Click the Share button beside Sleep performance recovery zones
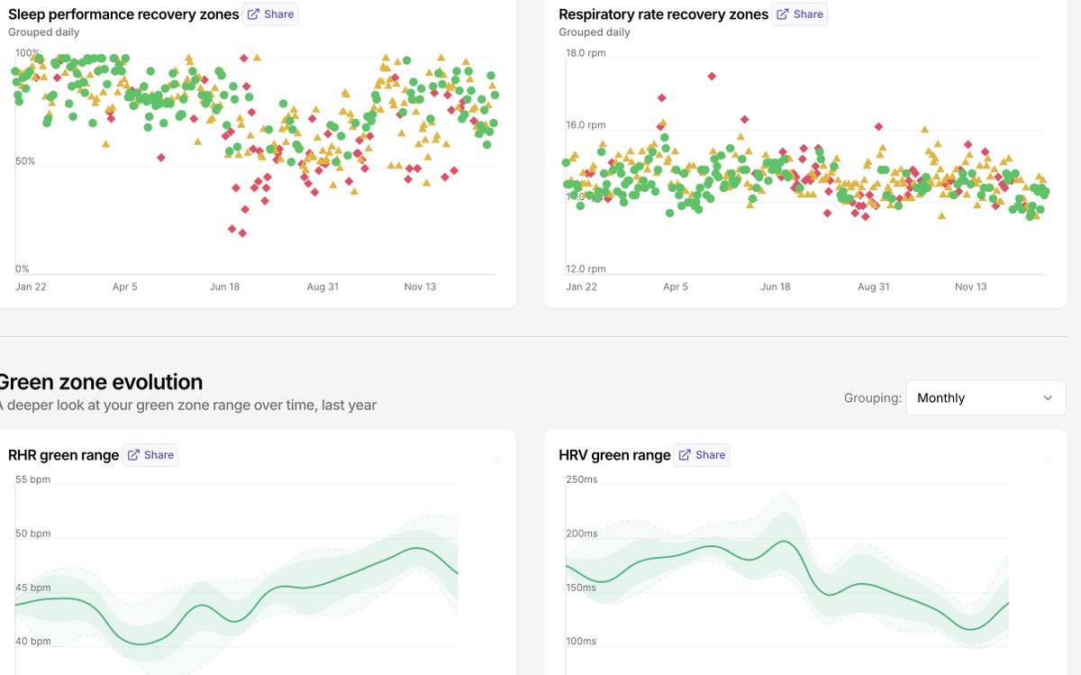270,14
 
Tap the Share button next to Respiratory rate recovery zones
800,14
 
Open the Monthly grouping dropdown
986,397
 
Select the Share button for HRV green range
702,455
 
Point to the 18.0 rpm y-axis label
585,53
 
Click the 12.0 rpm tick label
585,269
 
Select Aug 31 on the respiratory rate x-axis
873,287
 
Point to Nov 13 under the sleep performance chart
420,287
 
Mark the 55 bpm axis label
33,479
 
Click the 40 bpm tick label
33,642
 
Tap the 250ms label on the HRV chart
582,479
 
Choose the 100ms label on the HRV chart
582,642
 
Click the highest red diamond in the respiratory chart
712,76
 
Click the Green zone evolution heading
100,381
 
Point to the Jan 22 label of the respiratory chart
581,287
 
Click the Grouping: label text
872,397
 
